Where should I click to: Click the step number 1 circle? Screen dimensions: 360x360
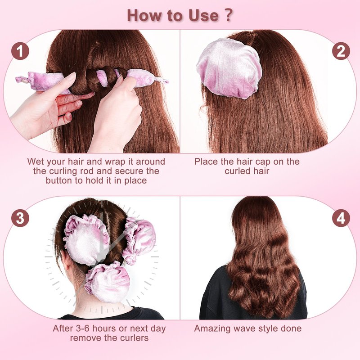20,51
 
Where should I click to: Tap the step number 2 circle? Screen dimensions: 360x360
341,51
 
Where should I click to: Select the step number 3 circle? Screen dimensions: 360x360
20,218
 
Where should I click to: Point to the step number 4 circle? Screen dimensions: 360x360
341,218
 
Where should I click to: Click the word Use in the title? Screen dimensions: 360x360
203,16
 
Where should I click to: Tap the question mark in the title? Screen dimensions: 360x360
228,15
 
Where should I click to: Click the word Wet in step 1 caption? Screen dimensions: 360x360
36,162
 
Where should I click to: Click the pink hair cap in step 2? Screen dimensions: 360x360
229,68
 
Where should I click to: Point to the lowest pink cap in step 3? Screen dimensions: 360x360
108,282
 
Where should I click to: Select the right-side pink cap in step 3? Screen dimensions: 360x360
139,240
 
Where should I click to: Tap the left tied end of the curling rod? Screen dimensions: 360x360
22,80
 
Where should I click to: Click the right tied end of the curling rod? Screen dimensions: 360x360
162,81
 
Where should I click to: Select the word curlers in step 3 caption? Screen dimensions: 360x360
134,338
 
